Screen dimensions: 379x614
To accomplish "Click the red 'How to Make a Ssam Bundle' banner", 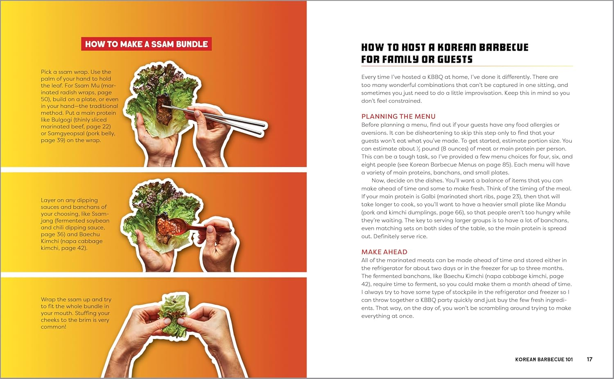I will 146,44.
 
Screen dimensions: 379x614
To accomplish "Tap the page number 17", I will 589,359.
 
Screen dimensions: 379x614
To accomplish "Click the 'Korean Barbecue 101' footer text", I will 544,359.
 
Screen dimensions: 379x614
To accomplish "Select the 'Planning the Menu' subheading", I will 398,116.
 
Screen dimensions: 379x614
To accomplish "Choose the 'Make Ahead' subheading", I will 384,252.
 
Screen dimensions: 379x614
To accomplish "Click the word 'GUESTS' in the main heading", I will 455,60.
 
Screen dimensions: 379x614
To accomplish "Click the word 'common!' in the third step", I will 53,327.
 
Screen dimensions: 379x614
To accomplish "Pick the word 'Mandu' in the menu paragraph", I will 556,204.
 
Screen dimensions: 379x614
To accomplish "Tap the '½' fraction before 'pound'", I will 418,149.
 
